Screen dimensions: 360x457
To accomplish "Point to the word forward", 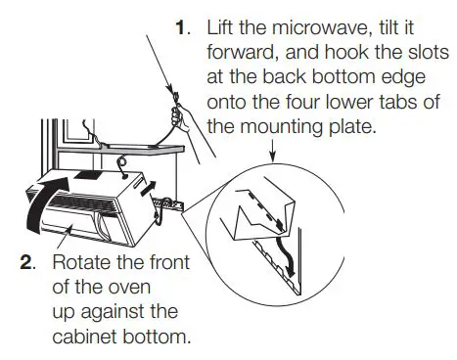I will (240, 53).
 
